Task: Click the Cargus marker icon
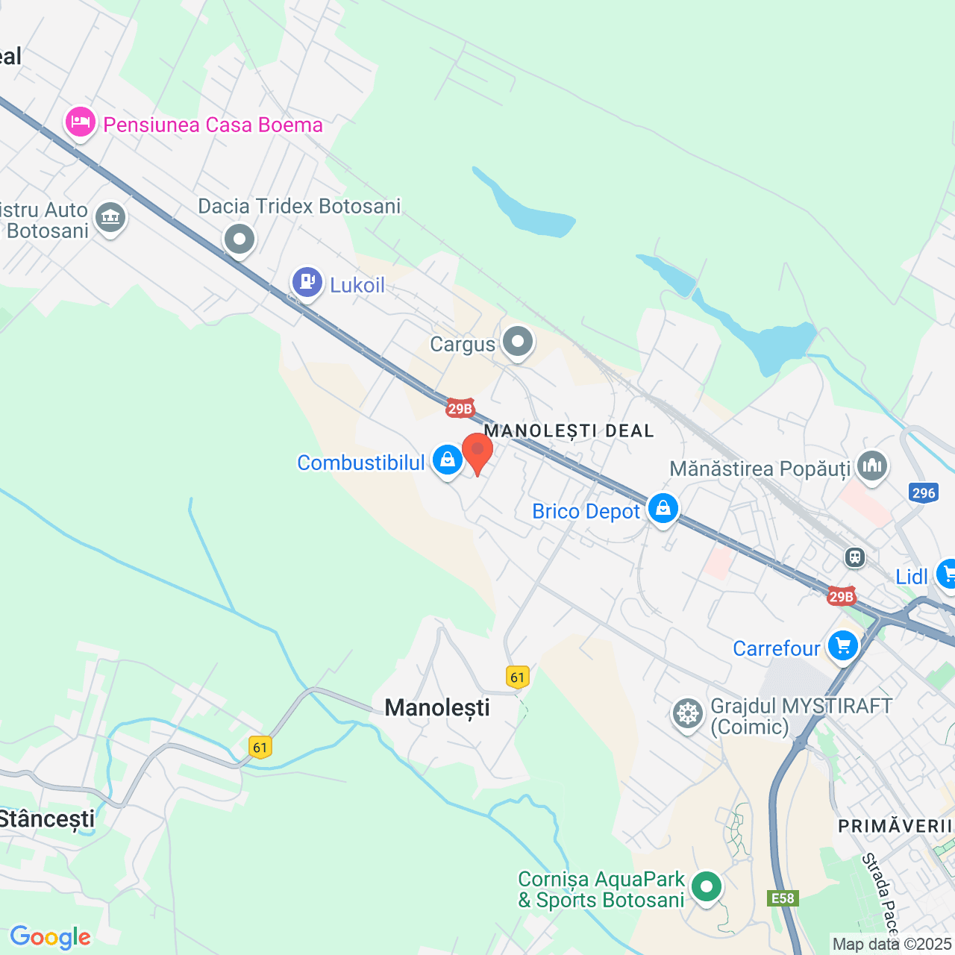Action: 518,342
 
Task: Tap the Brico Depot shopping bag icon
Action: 663,510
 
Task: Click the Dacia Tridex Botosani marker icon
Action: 239,239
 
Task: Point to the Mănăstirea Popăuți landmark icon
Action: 871,467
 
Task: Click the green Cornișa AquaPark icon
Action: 706,887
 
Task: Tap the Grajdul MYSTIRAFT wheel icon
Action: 687,714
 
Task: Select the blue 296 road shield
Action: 923,492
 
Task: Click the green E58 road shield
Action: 783,898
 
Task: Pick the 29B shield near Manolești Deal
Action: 460,408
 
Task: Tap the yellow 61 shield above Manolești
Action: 517,677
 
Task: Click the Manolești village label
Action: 437,707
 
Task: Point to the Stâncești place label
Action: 47,818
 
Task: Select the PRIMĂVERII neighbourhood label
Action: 895,826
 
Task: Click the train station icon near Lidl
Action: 855,557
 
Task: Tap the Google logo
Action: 51,937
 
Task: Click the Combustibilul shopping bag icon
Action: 447,460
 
